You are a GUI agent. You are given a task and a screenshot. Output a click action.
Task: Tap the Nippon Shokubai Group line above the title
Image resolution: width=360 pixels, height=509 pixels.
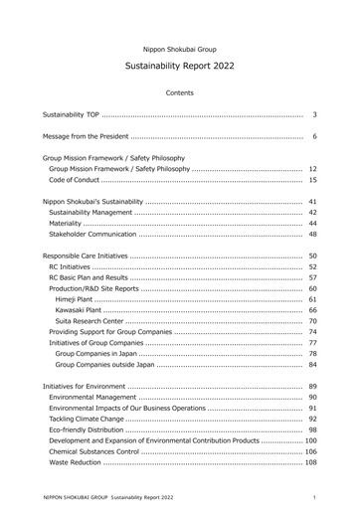click(x=180, y=48)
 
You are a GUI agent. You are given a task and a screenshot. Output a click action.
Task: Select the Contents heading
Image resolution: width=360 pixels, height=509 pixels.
click(x=180, y=92)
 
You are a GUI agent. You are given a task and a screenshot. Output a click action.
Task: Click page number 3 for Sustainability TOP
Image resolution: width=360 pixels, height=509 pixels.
click(x=313, y=115)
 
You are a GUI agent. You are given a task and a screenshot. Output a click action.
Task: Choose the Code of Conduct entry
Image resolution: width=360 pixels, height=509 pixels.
click(x=74, y=180)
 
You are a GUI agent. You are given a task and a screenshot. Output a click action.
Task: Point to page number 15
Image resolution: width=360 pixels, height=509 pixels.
click(x=312, y=180)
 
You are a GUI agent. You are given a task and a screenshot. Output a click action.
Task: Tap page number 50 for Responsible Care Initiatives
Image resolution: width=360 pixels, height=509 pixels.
click(x=312, y=256)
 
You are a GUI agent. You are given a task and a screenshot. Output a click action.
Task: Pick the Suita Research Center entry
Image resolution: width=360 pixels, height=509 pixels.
click(x=90, y=321)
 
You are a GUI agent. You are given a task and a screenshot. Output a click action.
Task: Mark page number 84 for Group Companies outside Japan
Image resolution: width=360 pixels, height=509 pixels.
click(x=312, y=365)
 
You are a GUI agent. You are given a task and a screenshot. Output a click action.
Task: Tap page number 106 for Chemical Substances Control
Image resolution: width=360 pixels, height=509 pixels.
click(x=310, y=451)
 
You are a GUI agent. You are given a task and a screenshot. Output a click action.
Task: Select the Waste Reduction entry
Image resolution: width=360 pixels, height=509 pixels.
click(x=74, y=462)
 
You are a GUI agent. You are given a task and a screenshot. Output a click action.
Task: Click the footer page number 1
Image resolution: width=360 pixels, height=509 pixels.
click(x=313, y=496)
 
